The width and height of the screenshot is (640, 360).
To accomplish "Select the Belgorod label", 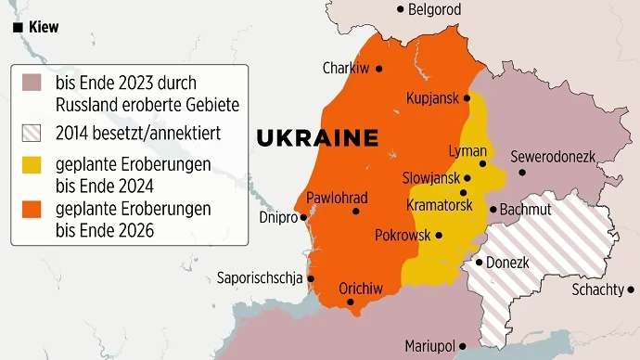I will click(435, 9).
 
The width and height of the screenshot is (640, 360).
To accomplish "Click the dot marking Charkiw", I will click(378, 69).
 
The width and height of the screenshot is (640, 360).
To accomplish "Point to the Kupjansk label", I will click(434, 98).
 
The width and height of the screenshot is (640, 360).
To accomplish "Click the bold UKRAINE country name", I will click(317, 138).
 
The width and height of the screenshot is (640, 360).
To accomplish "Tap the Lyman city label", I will click(467, 150).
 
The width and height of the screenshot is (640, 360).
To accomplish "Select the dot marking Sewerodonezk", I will click(522, 172).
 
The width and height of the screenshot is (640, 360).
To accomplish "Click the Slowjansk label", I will click(431, 177).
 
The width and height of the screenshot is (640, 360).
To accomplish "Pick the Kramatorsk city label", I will click(440, 203).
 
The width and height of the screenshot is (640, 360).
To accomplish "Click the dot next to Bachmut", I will click(493, 210).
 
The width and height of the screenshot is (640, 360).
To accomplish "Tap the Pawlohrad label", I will click(337, 198).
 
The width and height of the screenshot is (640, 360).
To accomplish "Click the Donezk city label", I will click(507, 263).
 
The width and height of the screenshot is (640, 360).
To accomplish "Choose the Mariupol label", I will click(429, 346).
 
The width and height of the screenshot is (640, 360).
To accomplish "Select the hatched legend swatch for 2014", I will click(32, 132).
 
